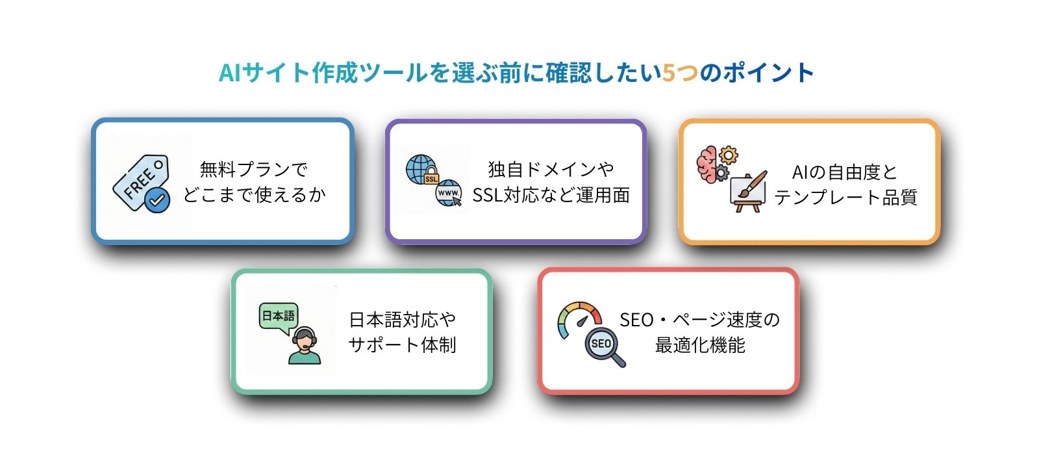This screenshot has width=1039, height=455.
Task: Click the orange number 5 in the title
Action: [670, 72]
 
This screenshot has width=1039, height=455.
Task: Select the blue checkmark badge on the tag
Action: [157, 200]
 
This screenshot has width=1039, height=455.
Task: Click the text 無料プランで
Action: [254, 170]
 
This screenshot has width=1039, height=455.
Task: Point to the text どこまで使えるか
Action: [254, 194]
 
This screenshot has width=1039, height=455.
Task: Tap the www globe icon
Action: [448, 194]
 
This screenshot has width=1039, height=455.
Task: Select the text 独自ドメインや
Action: [551, 170]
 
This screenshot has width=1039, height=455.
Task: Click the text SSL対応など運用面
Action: [551, 194]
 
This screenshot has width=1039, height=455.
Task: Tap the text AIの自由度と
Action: [844, 172]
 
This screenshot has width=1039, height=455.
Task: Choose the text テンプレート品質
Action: [845, 197]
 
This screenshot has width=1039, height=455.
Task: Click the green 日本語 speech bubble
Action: [279, 317]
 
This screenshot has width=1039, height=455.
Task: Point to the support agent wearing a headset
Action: [304, 347]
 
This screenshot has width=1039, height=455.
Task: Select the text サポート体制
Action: [402, 344]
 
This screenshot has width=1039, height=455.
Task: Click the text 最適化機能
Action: [699, 344]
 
